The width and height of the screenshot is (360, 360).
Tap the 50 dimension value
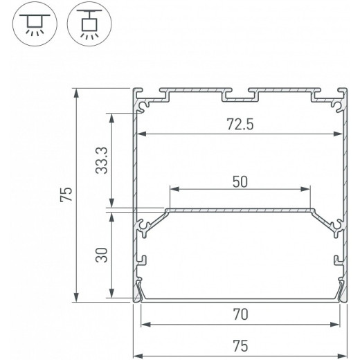pos(240,181)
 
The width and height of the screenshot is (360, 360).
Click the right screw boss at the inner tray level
pos(336,225)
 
